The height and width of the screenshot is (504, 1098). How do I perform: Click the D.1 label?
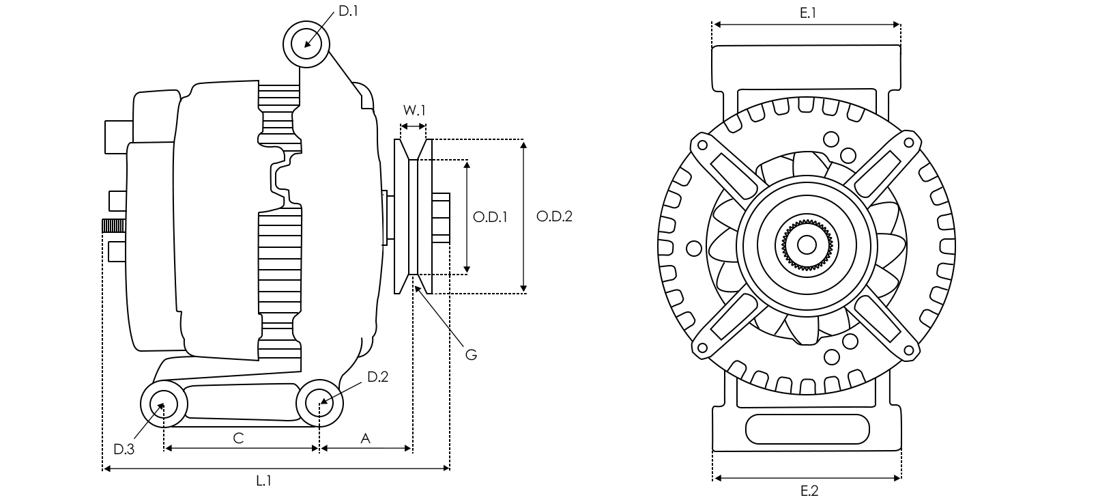pos(349,11)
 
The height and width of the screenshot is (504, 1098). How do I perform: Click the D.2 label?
pos(377,377)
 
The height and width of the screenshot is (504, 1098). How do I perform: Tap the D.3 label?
pos(124,449)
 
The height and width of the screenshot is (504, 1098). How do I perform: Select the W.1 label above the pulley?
pos(414,111)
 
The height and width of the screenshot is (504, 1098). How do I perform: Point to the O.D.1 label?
pos(490,217)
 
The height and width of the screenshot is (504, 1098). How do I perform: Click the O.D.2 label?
pos(554,216)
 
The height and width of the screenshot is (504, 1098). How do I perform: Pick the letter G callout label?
pos(471,354)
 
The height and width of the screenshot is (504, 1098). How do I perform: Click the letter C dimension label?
pos(238,438)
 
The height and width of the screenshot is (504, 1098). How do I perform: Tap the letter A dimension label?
pos(365,438)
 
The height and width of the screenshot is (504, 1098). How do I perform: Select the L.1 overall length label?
pos(264,481)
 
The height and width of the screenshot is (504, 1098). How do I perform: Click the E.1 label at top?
pos(808,12)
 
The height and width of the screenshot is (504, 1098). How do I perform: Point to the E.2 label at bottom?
pos(809,490)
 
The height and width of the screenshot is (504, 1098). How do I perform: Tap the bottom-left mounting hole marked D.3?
pos(164,404)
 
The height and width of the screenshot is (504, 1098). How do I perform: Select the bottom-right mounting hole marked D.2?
pos(320,403)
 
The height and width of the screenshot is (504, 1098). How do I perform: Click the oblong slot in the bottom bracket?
pos(808,429)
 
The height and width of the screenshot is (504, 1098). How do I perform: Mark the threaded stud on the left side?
pos(113,225)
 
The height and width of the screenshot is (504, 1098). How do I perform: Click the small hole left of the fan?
pos(693,247)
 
